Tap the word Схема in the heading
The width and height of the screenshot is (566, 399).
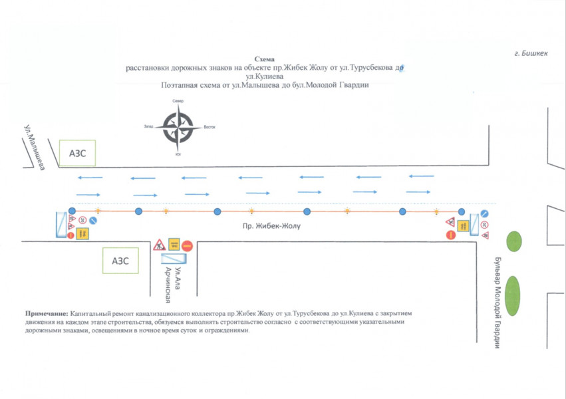coord(264,59)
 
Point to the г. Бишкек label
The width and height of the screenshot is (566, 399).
coord(530,54)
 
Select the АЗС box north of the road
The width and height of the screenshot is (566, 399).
coord(77,153)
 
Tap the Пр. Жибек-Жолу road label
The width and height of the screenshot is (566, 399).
coord(272,226)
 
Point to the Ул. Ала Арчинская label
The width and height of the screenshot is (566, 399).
coord(173,280)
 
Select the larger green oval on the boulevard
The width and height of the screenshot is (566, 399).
coord(513,296)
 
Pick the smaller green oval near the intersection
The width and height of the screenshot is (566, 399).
coord(514,241)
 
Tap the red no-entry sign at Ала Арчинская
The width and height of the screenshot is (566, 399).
coord(188,245)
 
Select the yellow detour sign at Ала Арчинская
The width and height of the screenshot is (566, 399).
coord(174,243)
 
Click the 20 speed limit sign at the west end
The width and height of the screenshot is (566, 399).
coord(82,219)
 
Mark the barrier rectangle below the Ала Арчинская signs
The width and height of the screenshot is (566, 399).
coord(174,257)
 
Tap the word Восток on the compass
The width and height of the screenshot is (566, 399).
coord(210,127)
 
